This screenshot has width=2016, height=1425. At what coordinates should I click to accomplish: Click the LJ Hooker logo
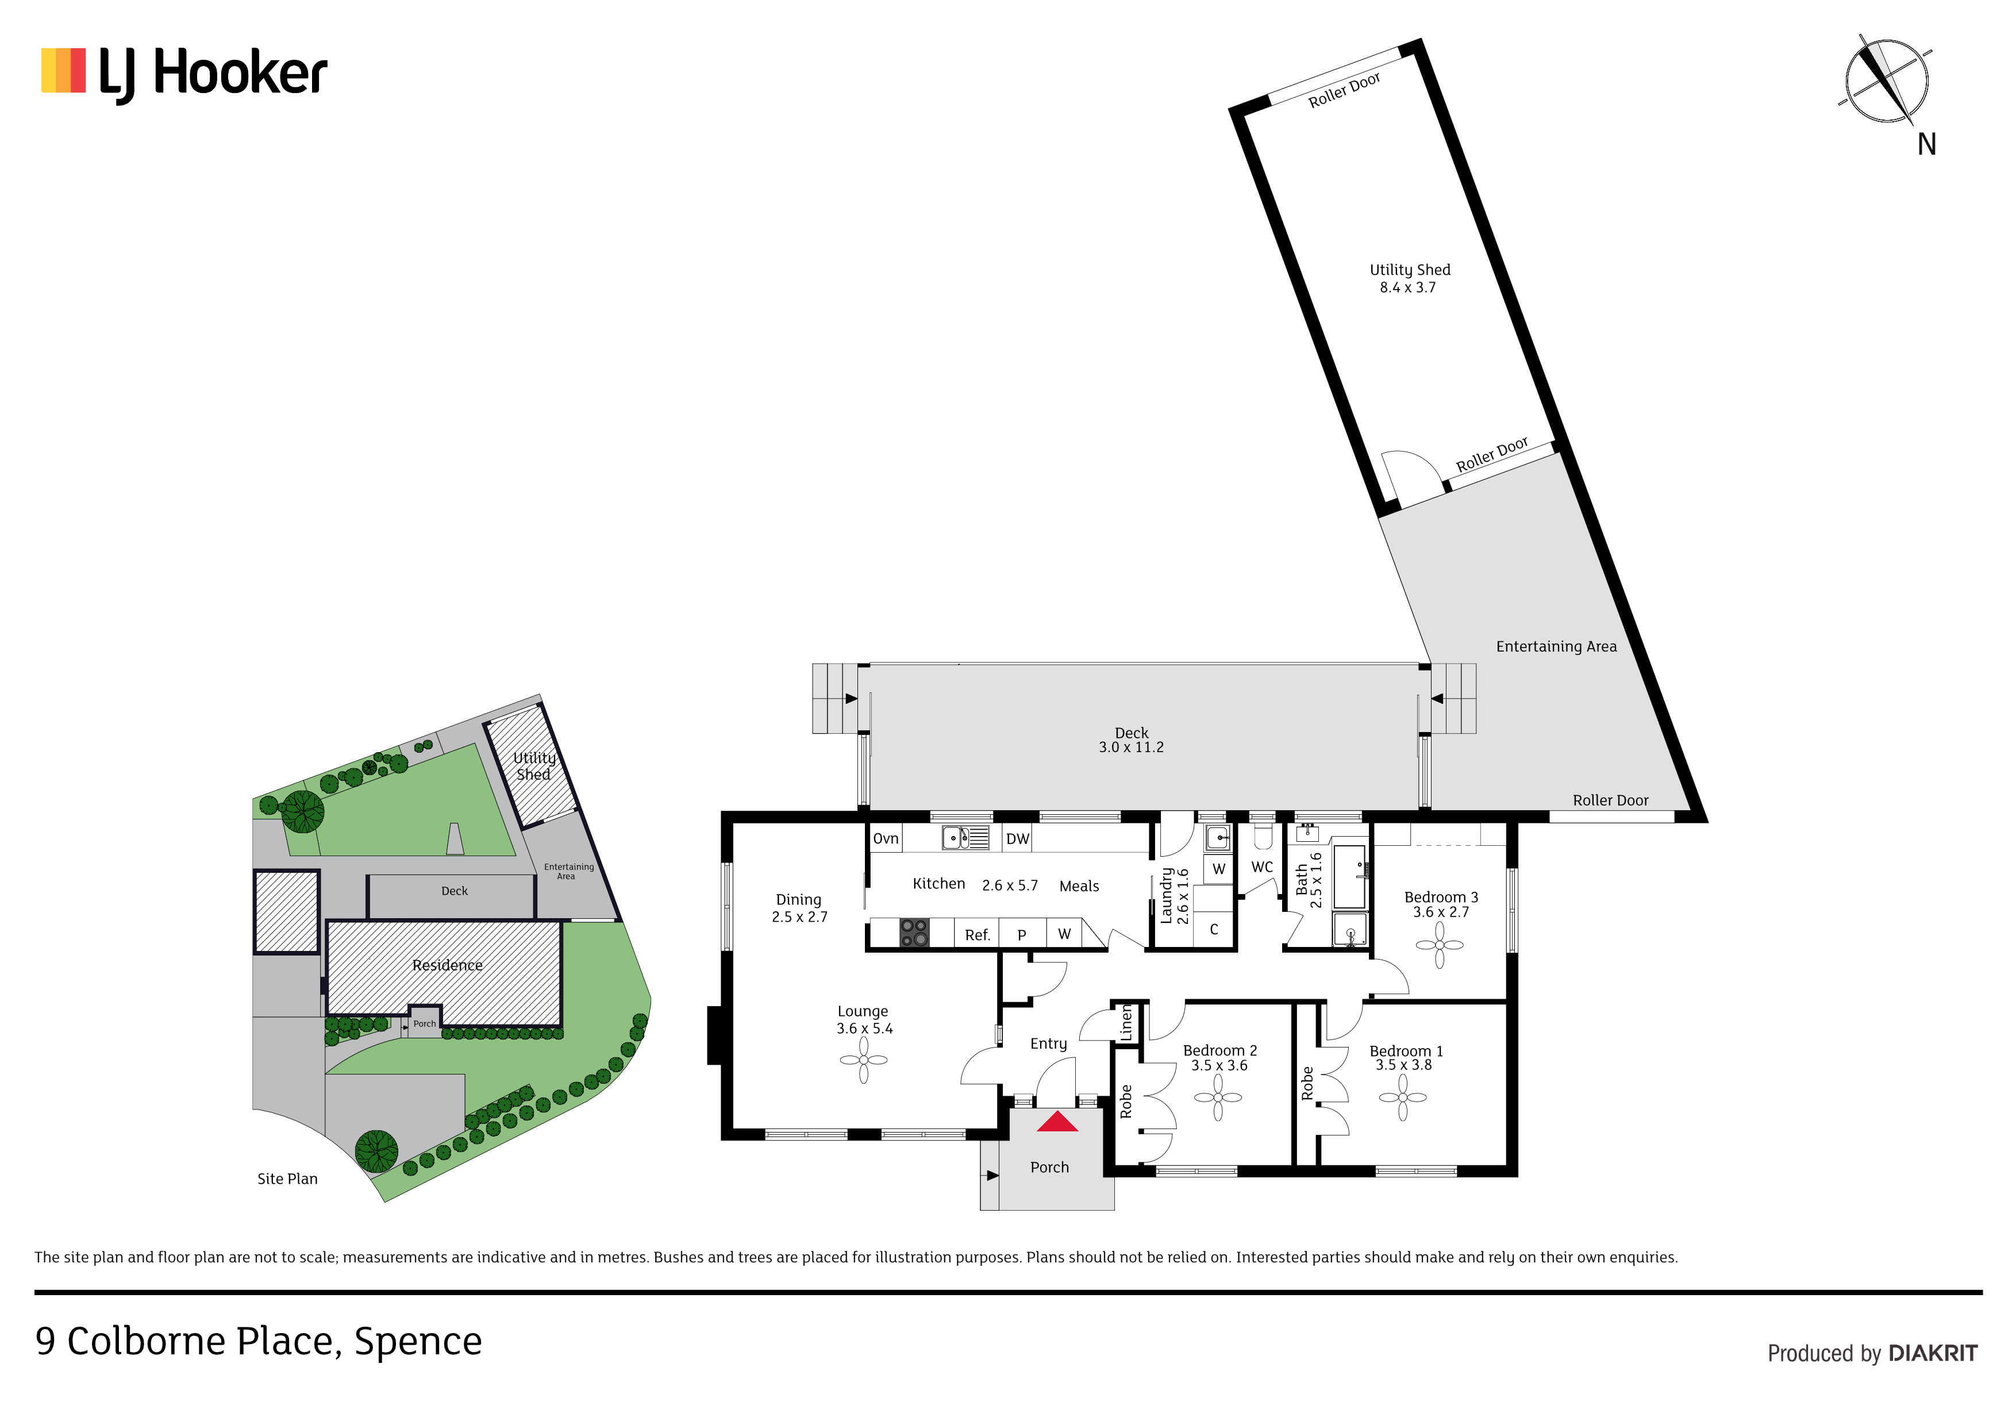(184, 74)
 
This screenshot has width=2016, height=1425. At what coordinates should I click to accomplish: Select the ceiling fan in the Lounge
(863, 1060)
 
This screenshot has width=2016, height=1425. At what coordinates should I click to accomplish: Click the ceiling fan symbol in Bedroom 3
(1439, 945)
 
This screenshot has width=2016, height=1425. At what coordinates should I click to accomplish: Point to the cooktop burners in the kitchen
(914, 933)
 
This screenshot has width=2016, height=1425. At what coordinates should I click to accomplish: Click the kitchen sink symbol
(965, 838)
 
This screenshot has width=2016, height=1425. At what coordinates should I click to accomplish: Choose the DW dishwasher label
(1018, 838)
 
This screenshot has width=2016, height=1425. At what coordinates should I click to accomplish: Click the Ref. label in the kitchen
(978, 935)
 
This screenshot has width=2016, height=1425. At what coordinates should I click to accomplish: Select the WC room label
(1262, 866)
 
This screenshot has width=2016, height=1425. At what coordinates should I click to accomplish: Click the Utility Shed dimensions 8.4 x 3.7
(1407, 287)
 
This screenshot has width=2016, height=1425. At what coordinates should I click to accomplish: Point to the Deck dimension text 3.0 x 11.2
(1131, 747)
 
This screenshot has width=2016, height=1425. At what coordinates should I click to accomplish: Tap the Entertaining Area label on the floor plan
(1556, 646)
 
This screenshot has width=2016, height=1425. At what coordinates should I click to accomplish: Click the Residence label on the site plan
(447, 965)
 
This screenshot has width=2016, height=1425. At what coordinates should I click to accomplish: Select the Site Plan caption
(287, 1178)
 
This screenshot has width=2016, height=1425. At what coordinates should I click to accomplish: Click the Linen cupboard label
(1126, 1024)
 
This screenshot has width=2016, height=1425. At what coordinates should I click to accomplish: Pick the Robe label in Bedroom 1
(1307, 1084)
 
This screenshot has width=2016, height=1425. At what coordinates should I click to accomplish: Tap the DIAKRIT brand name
(1933, 1353)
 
